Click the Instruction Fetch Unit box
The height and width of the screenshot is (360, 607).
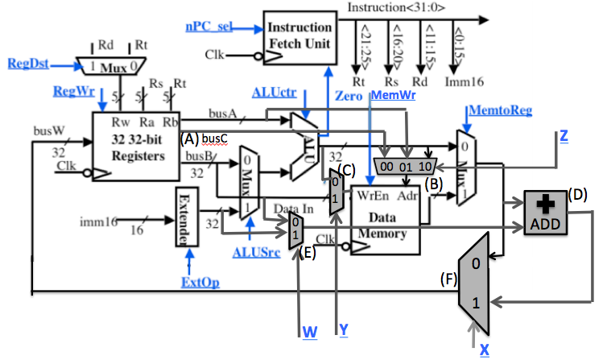[299, 32]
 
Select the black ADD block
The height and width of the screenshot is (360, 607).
[544, 213]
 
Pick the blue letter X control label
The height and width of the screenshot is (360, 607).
[484, 349]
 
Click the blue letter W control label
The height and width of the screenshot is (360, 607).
[309, 331]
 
